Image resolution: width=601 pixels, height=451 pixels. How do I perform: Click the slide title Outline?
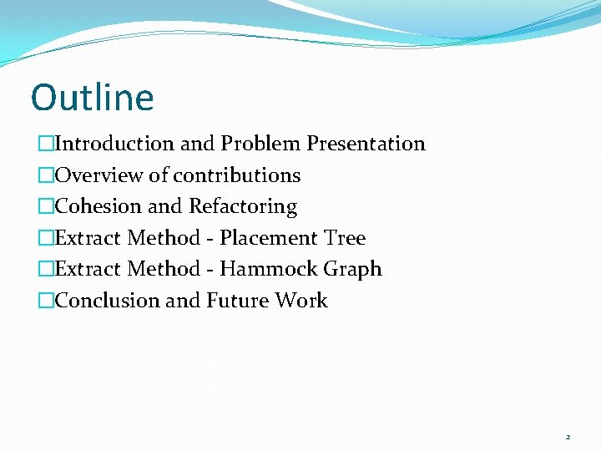[x=93, y=98]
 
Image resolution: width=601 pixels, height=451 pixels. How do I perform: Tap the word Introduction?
[x=114, y=144]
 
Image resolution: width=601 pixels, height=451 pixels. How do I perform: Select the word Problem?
[x=260, y=144]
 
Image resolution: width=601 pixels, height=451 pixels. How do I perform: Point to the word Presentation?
[x=366, y=144]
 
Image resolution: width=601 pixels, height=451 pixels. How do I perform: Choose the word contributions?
[x=237, y=175]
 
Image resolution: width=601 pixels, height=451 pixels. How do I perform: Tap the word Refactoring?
[x=243, y=206]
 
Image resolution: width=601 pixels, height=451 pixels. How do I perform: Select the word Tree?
[x=345, y=238]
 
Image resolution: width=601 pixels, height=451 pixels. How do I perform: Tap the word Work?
[x=302, y=301]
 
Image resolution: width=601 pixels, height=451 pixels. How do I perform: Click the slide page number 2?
[x=568, y=437]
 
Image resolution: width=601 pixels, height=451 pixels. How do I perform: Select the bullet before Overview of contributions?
[x=45, y=175]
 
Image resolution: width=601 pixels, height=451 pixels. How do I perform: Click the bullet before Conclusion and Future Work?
[x=45, y=301]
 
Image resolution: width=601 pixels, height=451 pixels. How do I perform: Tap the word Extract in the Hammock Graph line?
[x=88, y=269]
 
